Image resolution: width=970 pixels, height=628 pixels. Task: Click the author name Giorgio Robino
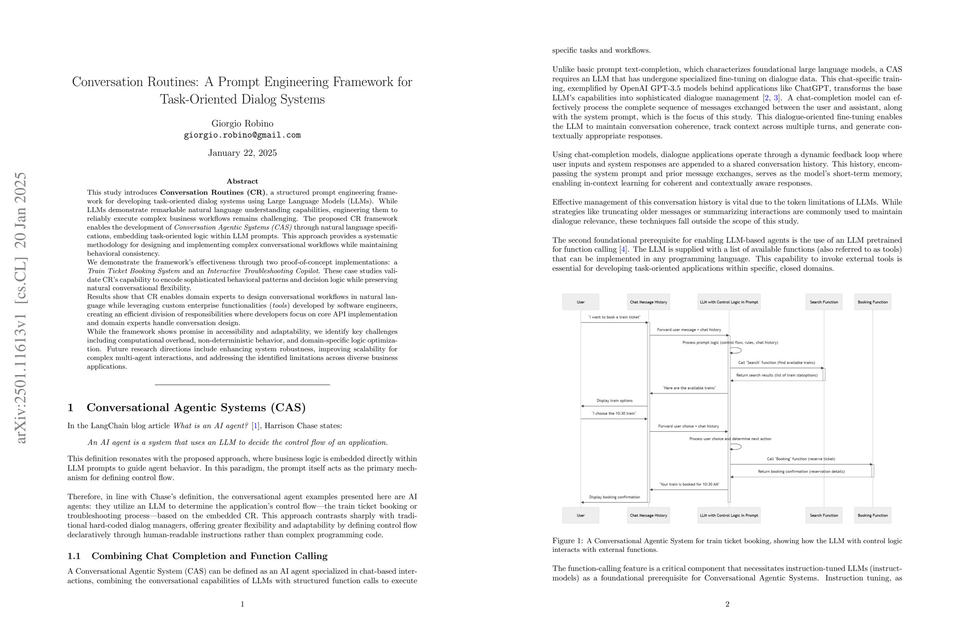(242, 124)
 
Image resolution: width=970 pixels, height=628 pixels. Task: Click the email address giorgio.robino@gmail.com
(242, 135)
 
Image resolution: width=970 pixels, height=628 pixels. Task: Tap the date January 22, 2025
(242, 153)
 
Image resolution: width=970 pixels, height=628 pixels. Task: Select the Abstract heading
(242, 181)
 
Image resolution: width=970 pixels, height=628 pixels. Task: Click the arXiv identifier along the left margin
(20, 308)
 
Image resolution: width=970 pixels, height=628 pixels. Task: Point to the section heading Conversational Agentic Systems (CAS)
(196, 408)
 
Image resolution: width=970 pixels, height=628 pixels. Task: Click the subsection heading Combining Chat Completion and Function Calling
(210, 556)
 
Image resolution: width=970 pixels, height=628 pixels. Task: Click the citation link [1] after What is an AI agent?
(256, 426)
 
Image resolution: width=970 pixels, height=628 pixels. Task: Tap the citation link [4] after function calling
(623, 249)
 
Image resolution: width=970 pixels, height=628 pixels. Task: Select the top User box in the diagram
(580, 302)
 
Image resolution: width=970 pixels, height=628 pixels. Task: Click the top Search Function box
(824, 302)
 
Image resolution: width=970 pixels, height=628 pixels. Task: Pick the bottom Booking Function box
(872, 515)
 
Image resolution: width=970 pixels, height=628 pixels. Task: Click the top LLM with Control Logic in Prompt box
(729, 302)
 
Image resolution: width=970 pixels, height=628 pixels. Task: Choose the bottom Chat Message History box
(648, 515)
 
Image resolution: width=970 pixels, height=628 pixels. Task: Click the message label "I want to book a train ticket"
(614, 317)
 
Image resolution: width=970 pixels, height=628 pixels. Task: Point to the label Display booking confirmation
(614, 497)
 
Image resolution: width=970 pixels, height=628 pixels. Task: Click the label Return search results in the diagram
(776, 375)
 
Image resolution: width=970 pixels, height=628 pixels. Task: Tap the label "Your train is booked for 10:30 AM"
(688, 484)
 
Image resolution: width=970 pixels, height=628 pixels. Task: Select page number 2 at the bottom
(727, 604)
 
